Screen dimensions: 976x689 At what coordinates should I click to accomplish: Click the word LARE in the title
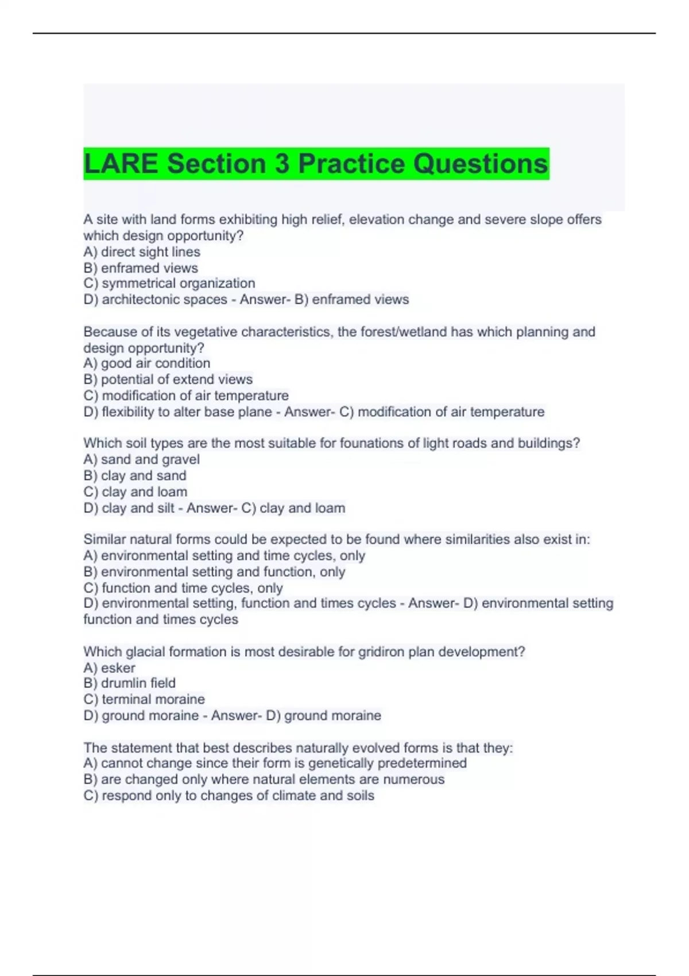point(121,164)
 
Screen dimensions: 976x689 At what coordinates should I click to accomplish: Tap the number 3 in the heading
point(282,164)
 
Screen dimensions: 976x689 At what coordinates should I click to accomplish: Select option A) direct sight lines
point(142,252)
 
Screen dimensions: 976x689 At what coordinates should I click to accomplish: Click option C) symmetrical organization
point(169,284)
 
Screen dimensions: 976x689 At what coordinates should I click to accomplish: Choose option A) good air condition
point(147,363)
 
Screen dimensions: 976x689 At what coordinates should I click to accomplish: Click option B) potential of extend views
point(168,379)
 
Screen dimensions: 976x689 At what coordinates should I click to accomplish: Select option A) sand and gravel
point(142,459)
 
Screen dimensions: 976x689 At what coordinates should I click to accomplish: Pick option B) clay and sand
point(135,475)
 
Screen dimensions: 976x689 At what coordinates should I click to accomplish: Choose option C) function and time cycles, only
point(183,588)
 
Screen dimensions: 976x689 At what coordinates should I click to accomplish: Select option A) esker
point(110,668)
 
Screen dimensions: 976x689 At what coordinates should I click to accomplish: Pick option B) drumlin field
point(130,683)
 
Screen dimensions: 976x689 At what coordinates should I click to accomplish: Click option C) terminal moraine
point(144,699)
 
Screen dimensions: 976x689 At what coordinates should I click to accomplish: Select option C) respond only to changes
point(229,796)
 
